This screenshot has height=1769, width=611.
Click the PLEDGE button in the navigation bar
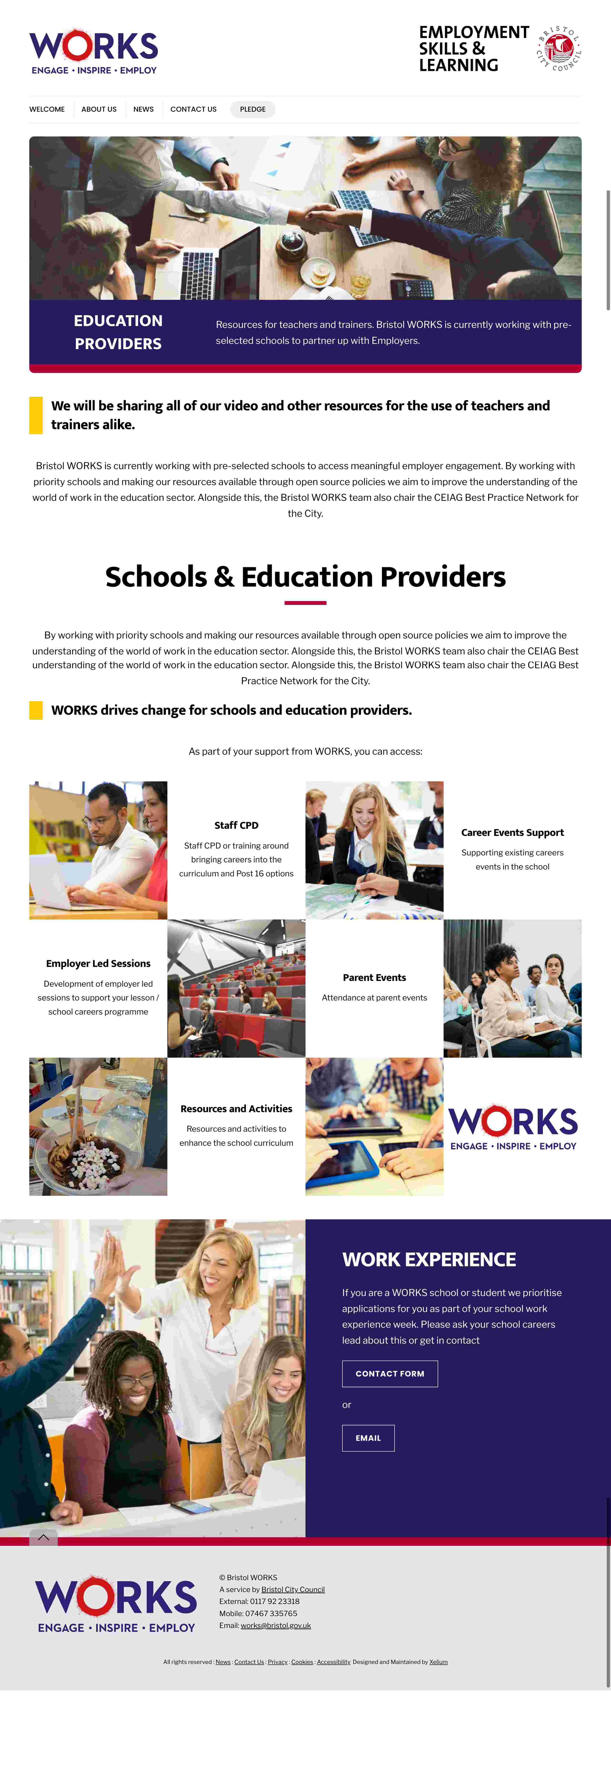(x=253, y=109)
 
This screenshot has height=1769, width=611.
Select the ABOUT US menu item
(x=99, y=109)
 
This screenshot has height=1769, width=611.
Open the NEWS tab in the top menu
(x=144, y=109)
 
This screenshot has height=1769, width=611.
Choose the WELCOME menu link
(x=47, y=109)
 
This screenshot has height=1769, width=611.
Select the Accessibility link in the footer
(x=334, y=1662)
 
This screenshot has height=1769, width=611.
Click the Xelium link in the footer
(x=438, y=1662)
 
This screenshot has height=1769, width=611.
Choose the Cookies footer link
(x=302, y=1662)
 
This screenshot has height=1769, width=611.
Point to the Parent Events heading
(x=374, y=977)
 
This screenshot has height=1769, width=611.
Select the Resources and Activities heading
(x=236, y=1108)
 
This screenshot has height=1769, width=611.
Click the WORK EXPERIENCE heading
(x=429, y=1259)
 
